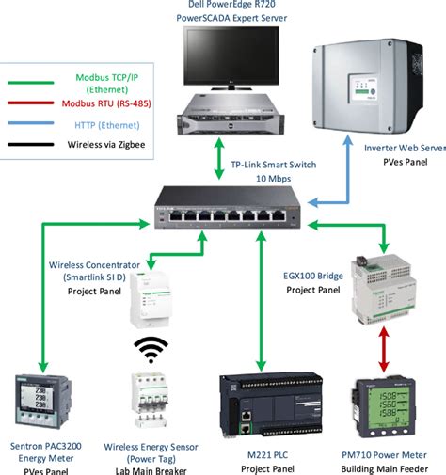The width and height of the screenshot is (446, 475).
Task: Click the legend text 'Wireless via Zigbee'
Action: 104,144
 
